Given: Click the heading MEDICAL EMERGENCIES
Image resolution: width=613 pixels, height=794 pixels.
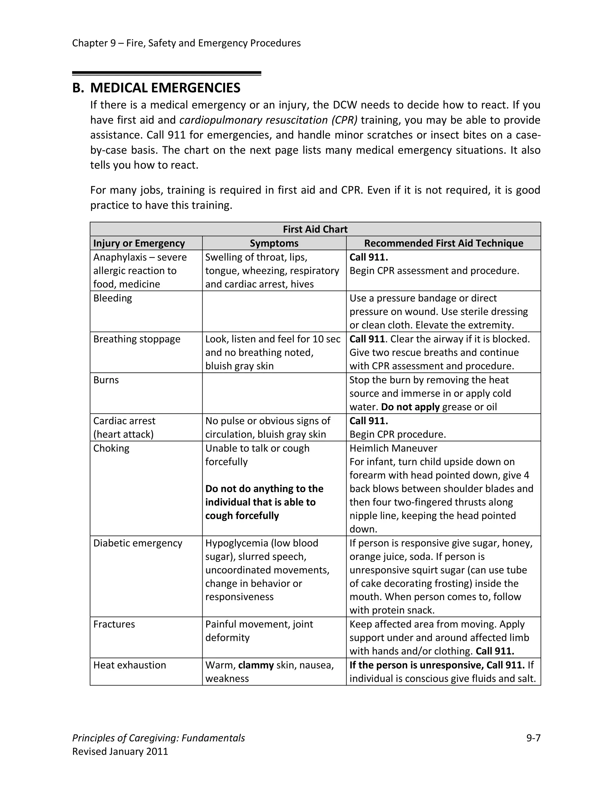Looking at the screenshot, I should [165, 88].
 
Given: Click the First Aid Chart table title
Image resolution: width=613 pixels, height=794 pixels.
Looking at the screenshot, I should [315, 229].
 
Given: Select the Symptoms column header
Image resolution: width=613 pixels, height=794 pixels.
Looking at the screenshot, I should [274, 243].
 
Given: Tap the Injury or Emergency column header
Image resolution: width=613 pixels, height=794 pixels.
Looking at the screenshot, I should [139, 243].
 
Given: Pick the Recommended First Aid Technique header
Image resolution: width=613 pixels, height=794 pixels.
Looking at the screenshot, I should [443, 243].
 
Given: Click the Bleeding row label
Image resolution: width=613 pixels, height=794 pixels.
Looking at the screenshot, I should [113, 298].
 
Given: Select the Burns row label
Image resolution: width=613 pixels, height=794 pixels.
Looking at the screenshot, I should [106, 380].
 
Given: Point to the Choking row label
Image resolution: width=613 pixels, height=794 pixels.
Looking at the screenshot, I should [111, 448].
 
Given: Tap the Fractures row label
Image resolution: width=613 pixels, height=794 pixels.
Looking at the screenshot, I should [114, 624].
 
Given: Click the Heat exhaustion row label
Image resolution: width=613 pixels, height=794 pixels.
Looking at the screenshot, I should [130, 665].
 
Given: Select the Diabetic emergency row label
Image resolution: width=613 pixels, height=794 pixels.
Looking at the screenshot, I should [138, 543].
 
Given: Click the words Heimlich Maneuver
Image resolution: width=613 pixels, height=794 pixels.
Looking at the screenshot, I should [393, 448].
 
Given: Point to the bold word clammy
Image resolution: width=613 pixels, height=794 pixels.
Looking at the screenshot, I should [256, 665].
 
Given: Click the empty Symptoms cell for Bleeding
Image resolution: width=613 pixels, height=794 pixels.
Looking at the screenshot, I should [274, 311].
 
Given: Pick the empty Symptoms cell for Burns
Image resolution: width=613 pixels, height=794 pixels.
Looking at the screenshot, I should [274, 393].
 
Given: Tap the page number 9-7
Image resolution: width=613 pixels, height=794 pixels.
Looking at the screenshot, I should [533, 738].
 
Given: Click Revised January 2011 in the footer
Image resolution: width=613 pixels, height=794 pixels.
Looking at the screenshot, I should [120, 751].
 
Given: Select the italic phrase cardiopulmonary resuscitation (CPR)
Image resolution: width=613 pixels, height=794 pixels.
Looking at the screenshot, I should [268, 120].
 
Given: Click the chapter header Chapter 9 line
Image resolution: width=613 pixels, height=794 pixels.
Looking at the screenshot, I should [186, 43].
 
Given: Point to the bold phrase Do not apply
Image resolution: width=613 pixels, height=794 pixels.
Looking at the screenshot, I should [410, 407].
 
